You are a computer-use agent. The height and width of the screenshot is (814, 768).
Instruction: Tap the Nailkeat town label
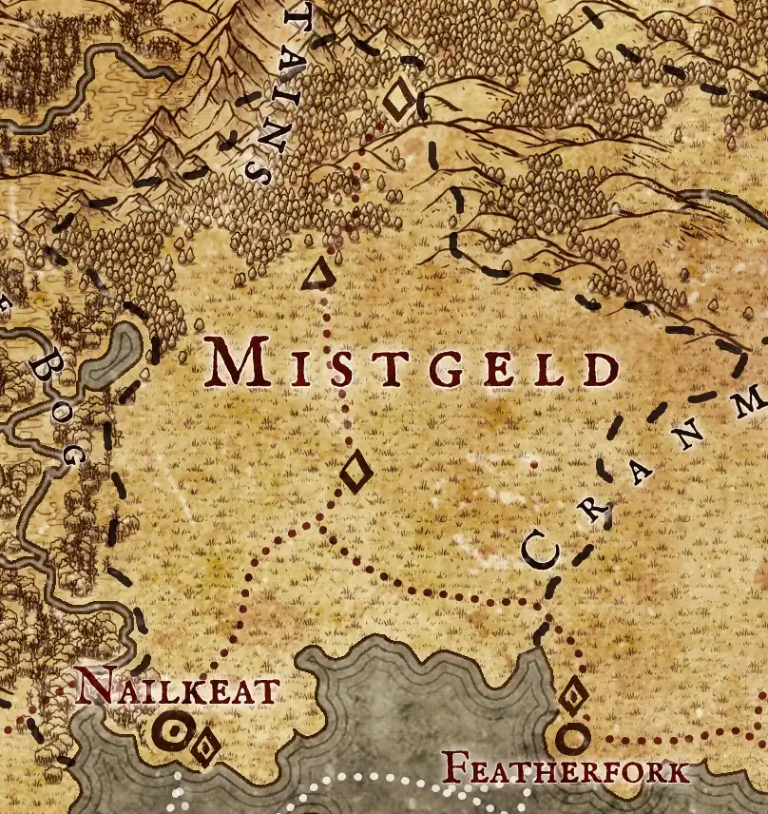coord(177,687)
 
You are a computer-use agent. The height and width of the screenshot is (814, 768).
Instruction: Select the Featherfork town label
coord(567,768)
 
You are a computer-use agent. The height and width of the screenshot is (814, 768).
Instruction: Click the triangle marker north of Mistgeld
coord(317,275)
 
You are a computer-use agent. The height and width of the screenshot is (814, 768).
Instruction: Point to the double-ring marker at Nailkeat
coord(174,730)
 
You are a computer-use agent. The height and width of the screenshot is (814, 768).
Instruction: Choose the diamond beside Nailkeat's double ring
coord(204,746)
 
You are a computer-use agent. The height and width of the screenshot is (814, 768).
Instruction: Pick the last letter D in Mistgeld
coord(599,368)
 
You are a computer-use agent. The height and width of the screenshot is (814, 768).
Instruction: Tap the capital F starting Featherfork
coord(458,767)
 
